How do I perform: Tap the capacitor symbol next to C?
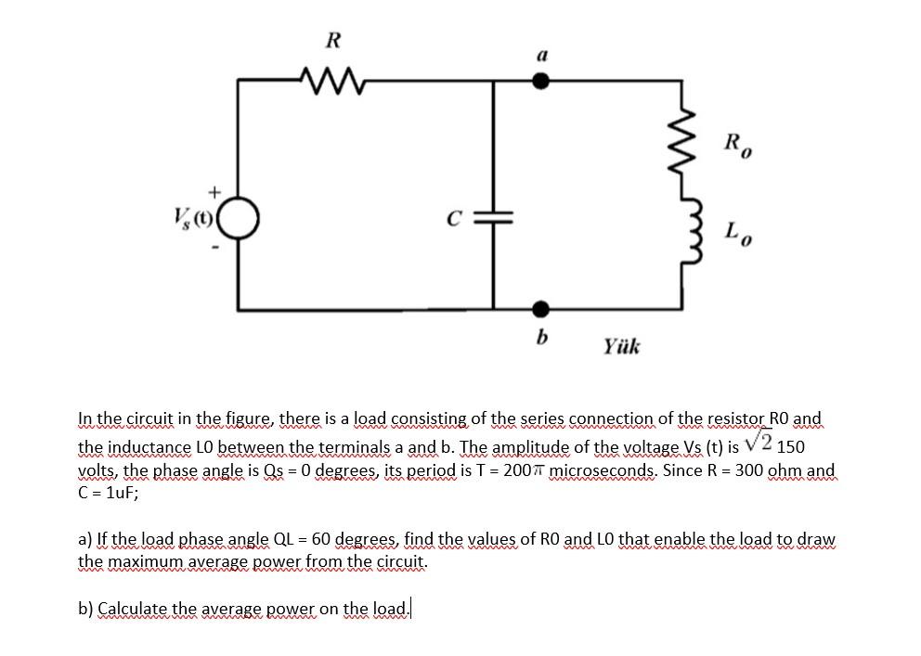click(493, 219)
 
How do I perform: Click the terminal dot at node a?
click(542, 81)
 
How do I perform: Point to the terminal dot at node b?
click(542, 308)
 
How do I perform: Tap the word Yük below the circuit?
click(621, 347)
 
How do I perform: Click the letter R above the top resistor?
click(332, 40)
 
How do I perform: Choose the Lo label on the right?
click(735, 230)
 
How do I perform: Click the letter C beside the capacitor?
click(454, 220)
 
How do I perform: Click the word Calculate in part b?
click(131, 609)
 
